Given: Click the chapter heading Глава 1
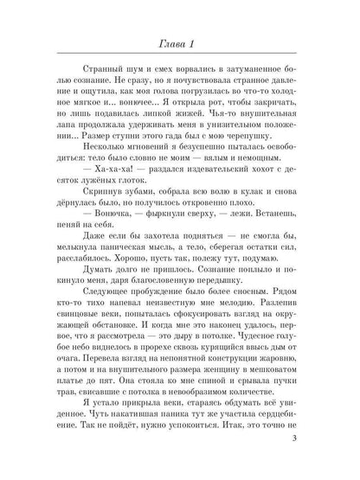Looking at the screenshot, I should (x=179, y=45).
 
